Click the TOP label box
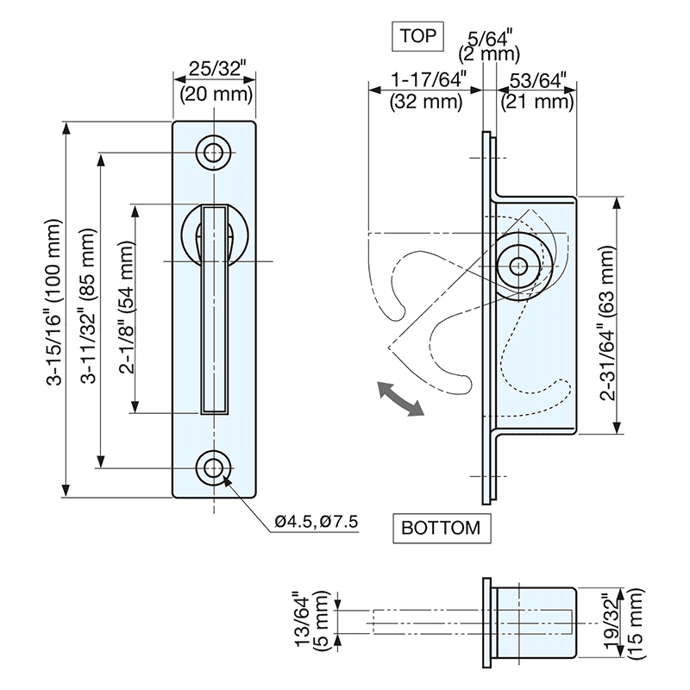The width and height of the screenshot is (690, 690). [417, 36]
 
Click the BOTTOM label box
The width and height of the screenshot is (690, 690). [441, 528]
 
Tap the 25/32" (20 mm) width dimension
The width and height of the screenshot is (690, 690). [215, 79]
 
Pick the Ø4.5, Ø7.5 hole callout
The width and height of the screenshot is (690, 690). [317, 522]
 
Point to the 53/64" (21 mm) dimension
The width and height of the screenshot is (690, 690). [538, 91]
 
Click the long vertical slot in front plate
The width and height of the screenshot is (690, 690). [215, 310]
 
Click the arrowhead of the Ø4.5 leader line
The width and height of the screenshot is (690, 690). [228, 482]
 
